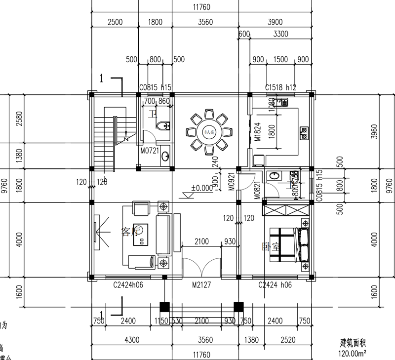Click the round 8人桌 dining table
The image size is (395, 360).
[208, 132]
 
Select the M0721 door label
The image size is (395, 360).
[149, 151]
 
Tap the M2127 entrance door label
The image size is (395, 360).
[202, 285]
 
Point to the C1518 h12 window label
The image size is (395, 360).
[280, 87]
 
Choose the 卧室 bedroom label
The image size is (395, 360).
[271, 245]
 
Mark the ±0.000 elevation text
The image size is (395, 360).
[202, 188]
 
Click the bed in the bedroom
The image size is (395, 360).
[291, 244]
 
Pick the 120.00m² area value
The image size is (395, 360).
[352, 353]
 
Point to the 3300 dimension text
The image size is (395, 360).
[280, 34]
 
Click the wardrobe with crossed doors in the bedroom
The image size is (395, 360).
[285, 210]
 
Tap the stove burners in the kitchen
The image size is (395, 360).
[304, 132]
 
